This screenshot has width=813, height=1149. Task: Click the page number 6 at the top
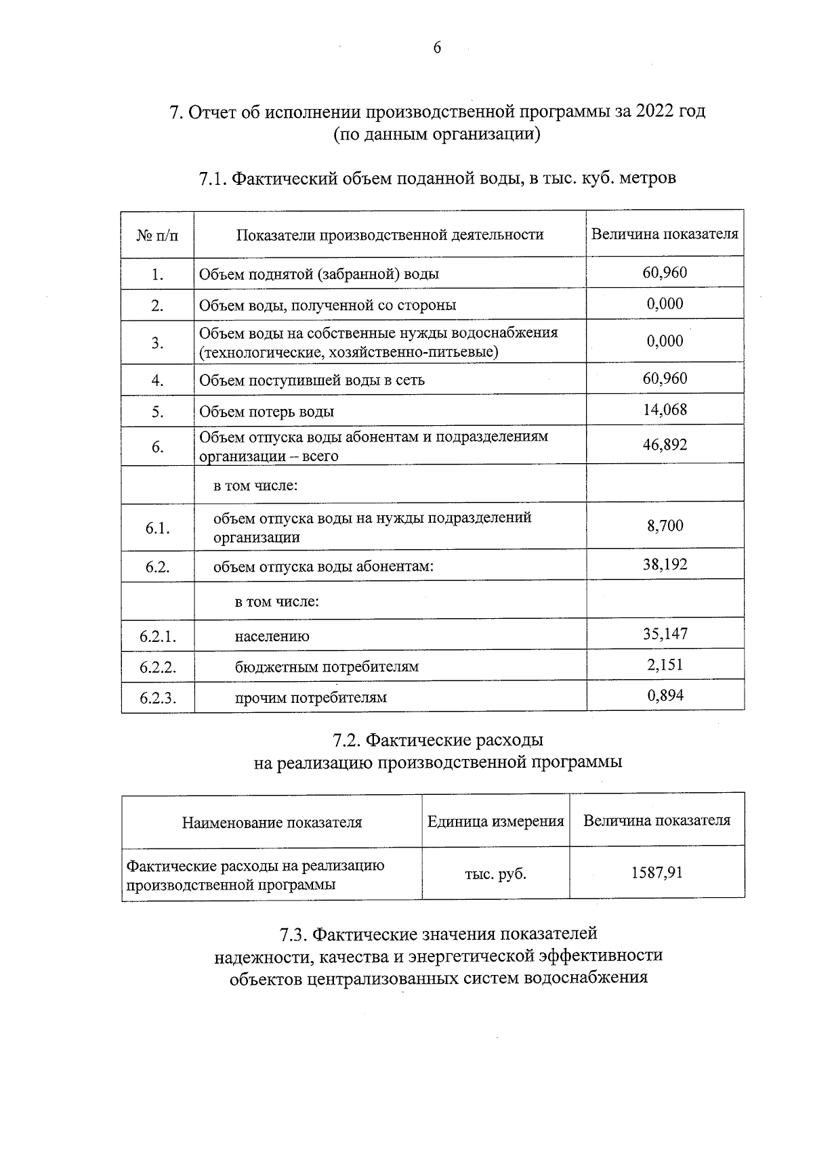click(437, 47)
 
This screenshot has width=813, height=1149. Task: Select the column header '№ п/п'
click(157, 235)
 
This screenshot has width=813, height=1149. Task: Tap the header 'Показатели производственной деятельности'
click(390, 235)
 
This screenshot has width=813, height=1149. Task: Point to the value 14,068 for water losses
click(665, 410)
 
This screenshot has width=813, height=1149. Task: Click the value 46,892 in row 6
click(665, 445)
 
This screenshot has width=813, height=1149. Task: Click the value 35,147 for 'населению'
click(665, 634)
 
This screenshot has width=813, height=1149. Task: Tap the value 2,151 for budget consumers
click(665, 665)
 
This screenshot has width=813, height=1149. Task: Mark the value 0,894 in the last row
click(665, 695)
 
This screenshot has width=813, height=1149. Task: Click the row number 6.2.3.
click(158, 698)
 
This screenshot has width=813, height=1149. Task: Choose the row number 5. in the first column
click(158, 412)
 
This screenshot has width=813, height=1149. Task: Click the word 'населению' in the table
click(272, 636)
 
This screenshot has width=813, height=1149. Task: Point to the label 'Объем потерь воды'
click(266, 412)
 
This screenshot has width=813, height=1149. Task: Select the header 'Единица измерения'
click(495, 822)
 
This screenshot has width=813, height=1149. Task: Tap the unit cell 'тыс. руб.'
click(495, 874)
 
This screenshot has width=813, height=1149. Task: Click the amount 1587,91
click(656, 873)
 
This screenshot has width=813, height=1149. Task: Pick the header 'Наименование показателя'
click(272, 823)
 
